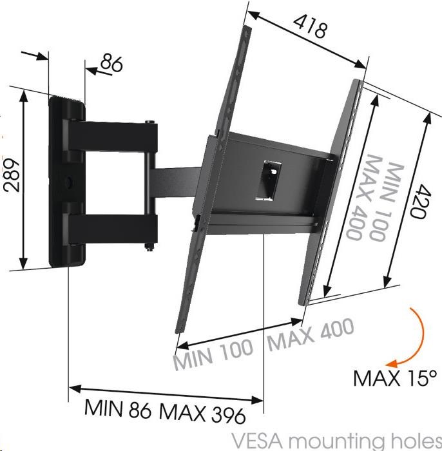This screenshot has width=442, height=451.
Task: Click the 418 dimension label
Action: pos(311,26)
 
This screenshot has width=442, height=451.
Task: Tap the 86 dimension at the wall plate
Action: pos(111,63)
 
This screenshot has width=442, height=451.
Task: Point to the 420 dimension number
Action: pos(419,201)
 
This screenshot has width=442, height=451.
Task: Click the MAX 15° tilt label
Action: pos(395,378)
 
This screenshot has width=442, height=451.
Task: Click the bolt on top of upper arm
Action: pos(150,122)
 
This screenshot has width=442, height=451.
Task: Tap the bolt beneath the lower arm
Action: pos(149,247)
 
